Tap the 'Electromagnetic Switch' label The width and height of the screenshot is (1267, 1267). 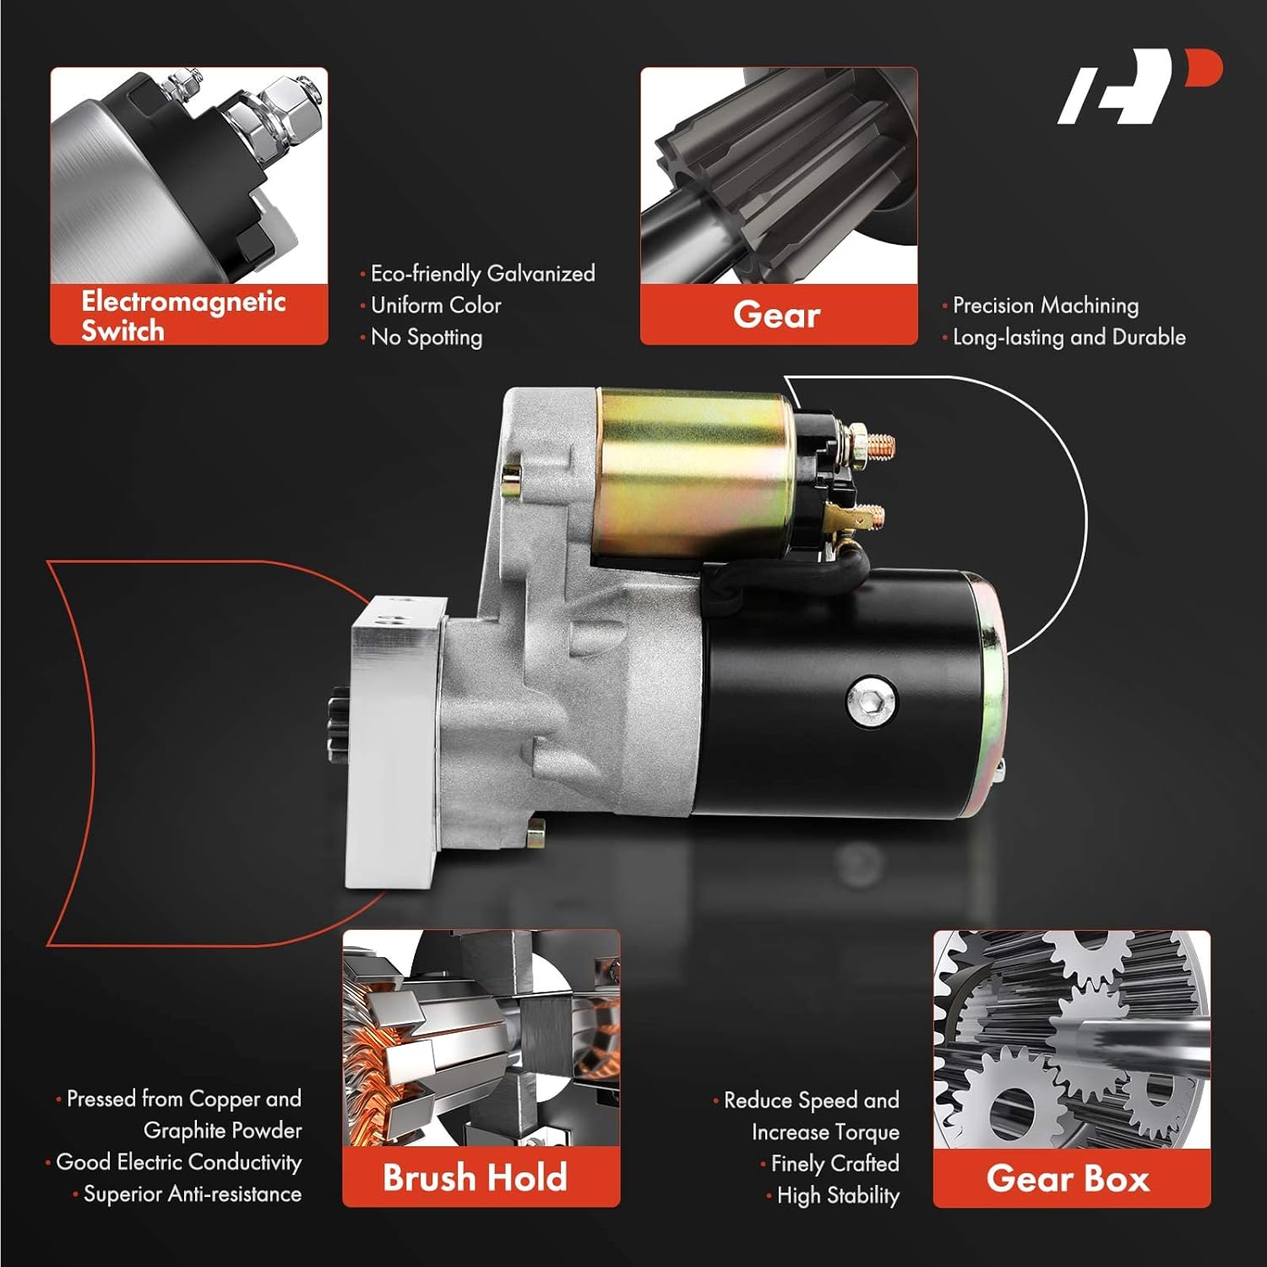[x=184, y=315]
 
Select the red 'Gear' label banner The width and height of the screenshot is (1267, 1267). [x=777, y=315]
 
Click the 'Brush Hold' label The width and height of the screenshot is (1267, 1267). [x=475, y=1177]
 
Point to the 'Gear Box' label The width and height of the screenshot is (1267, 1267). [x=1069, y=1178]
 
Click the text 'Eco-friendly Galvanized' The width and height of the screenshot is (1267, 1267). [x=482, y=274]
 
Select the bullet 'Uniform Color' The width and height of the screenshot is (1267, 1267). [x=436, y=305]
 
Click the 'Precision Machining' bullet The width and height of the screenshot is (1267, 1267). [x=1046, y=305]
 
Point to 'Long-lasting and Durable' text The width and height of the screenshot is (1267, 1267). [x=1069, y=337]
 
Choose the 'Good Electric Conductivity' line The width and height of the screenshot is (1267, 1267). [x=178, y=1162]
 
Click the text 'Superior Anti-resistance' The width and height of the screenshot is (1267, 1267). [x=192, y=1194]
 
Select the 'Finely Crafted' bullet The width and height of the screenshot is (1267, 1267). [x=835, y=1164]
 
